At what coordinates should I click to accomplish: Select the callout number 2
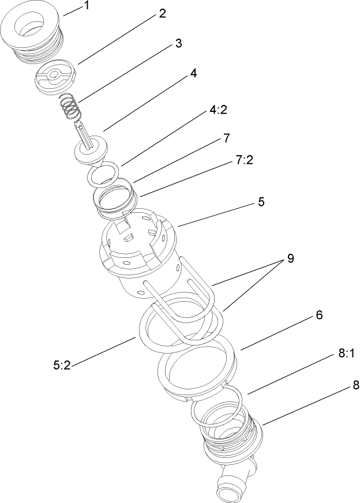pos(162,14)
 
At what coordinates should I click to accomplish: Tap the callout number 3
pos(179,43)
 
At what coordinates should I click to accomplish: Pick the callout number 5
pos(261,202)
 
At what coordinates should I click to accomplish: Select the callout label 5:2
pos(61,365)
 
